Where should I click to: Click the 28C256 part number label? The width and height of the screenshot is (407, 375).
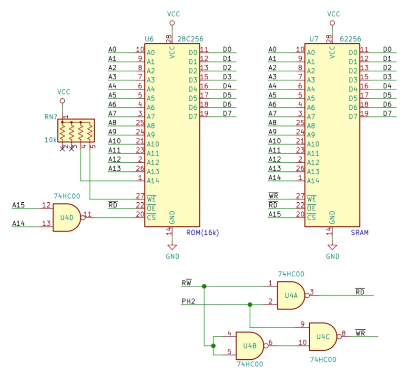tap(190, 39)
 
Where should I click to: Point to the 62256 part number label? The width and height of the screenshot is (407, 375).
tap(350, 39)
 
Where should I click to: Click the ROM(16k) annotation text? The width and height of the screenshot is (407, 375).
tap(203, 232)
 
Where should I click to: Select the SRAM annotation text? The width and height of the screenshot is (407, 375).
tap(359, 232)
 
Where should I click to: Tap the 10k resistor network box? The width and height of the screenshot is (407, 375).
tap(76, 130)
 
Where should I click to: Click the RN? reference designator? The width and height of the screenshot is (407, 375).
tap(51, 117)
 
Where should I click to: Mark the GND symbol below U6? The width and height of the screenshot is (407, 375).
tap(172, 247)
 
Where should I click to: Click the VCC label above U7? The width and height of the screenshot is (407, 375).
tap(334, 14)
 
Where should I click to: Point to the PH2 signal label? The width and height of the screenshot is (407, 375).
tap(188, 301)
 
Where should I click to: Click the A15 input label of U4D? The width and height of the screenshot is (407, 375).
tap(19, 205)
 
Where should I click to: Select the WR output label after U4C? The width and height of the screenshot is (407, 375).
tap(360, 333)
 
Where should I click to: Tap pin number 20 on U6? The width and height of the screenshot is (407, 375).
tap(140, 214)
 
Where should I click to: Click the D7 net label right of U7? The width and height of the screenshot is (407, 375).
tap(387, 113)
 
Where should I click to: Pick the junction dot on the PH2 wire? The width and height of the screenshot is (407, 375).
tap(250, 304)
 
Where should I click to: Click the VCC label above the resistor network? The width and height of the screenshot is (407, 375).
tap(63, 92)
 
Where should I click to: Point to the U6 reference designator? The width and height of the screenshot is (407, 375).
tap(149, 39)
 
